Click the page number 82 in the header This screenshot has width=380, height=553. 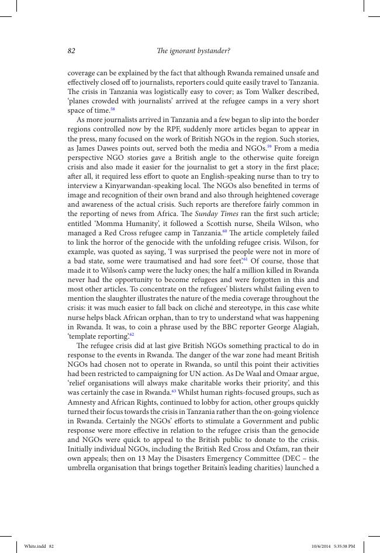click(71, 51)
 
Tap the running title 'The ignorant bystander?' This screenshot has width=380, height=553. click(193, 51)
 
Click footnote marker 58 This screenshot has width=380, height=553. click(113, 109)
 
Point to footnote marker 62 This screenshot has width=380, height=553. click(132, 333)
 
